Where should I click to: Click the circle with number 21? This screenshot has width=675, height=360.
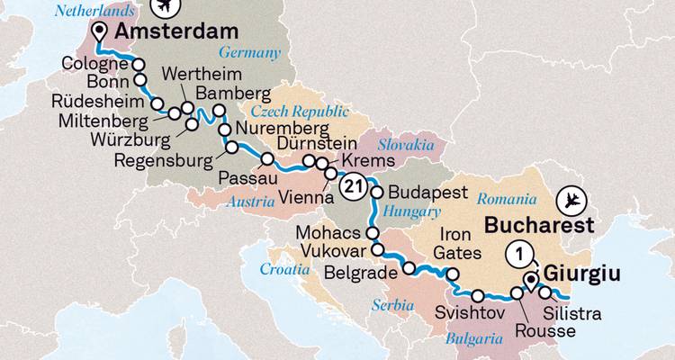(354, 186)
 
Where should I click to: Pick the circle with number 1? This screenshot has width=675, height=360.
(517, 254)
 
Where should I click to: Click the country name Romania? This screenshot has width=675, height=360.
(506, 194)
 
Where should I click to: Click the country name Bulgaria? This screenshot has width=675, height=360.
(472, 340)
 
